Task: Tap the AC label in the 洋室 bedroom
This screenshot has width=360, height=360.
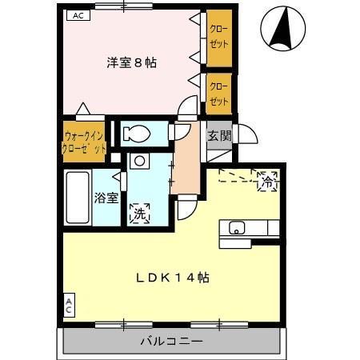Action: click(77, 14)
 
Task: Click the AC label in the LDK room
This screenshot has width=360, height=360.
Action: click(69, 306)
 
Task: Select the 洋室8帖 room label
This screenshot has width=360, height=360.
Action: click(131, 62)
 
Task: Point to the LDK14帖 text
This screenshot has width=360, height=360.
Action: click(172, 278)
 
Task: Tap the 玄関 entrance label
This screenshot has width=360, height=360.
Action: click(219, 135)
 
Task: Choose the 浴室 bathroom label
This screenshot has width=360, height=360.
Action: click(106, 197)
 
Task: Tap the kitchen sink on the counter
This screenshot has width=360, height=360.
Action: click(238, 228)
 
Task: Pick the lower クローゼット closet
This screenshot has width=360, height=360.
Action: click(218, 92)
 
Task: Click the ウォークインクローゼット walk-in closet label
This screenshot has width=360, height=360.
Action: click(84, 142)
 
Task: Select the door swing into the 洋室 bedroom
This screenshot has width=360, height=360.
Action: click(187, 108)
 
